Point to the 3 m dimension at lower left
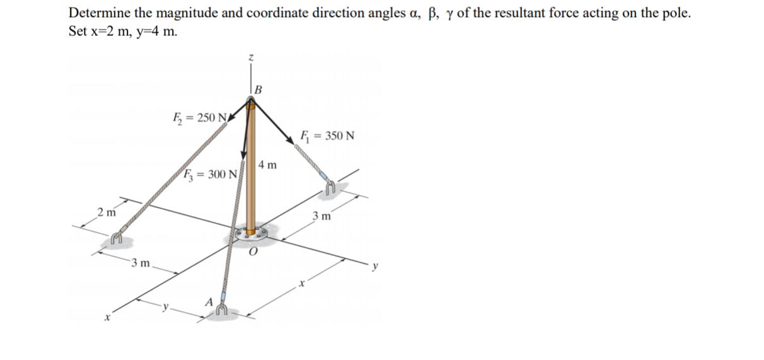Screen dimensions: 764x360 pyautogui.click(x=139, y=262)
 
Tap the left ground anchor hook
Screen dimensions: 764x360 pyautogui.click(x=115, y=238)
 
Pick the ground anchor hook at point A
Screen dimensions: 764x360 pyautogui.click(x=221, y=308)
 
